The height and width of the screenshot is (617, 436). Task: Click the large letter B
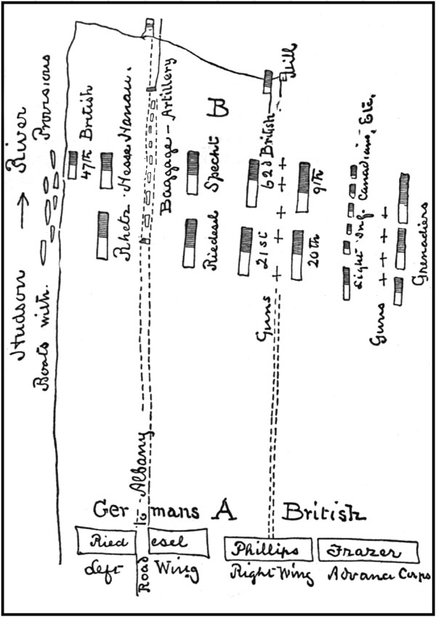pos(217,107)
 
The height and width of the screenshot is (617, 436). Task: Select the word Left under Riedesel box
pos(100,576)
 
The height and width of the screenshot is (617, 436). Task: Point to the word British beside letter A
pos(324,512)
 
